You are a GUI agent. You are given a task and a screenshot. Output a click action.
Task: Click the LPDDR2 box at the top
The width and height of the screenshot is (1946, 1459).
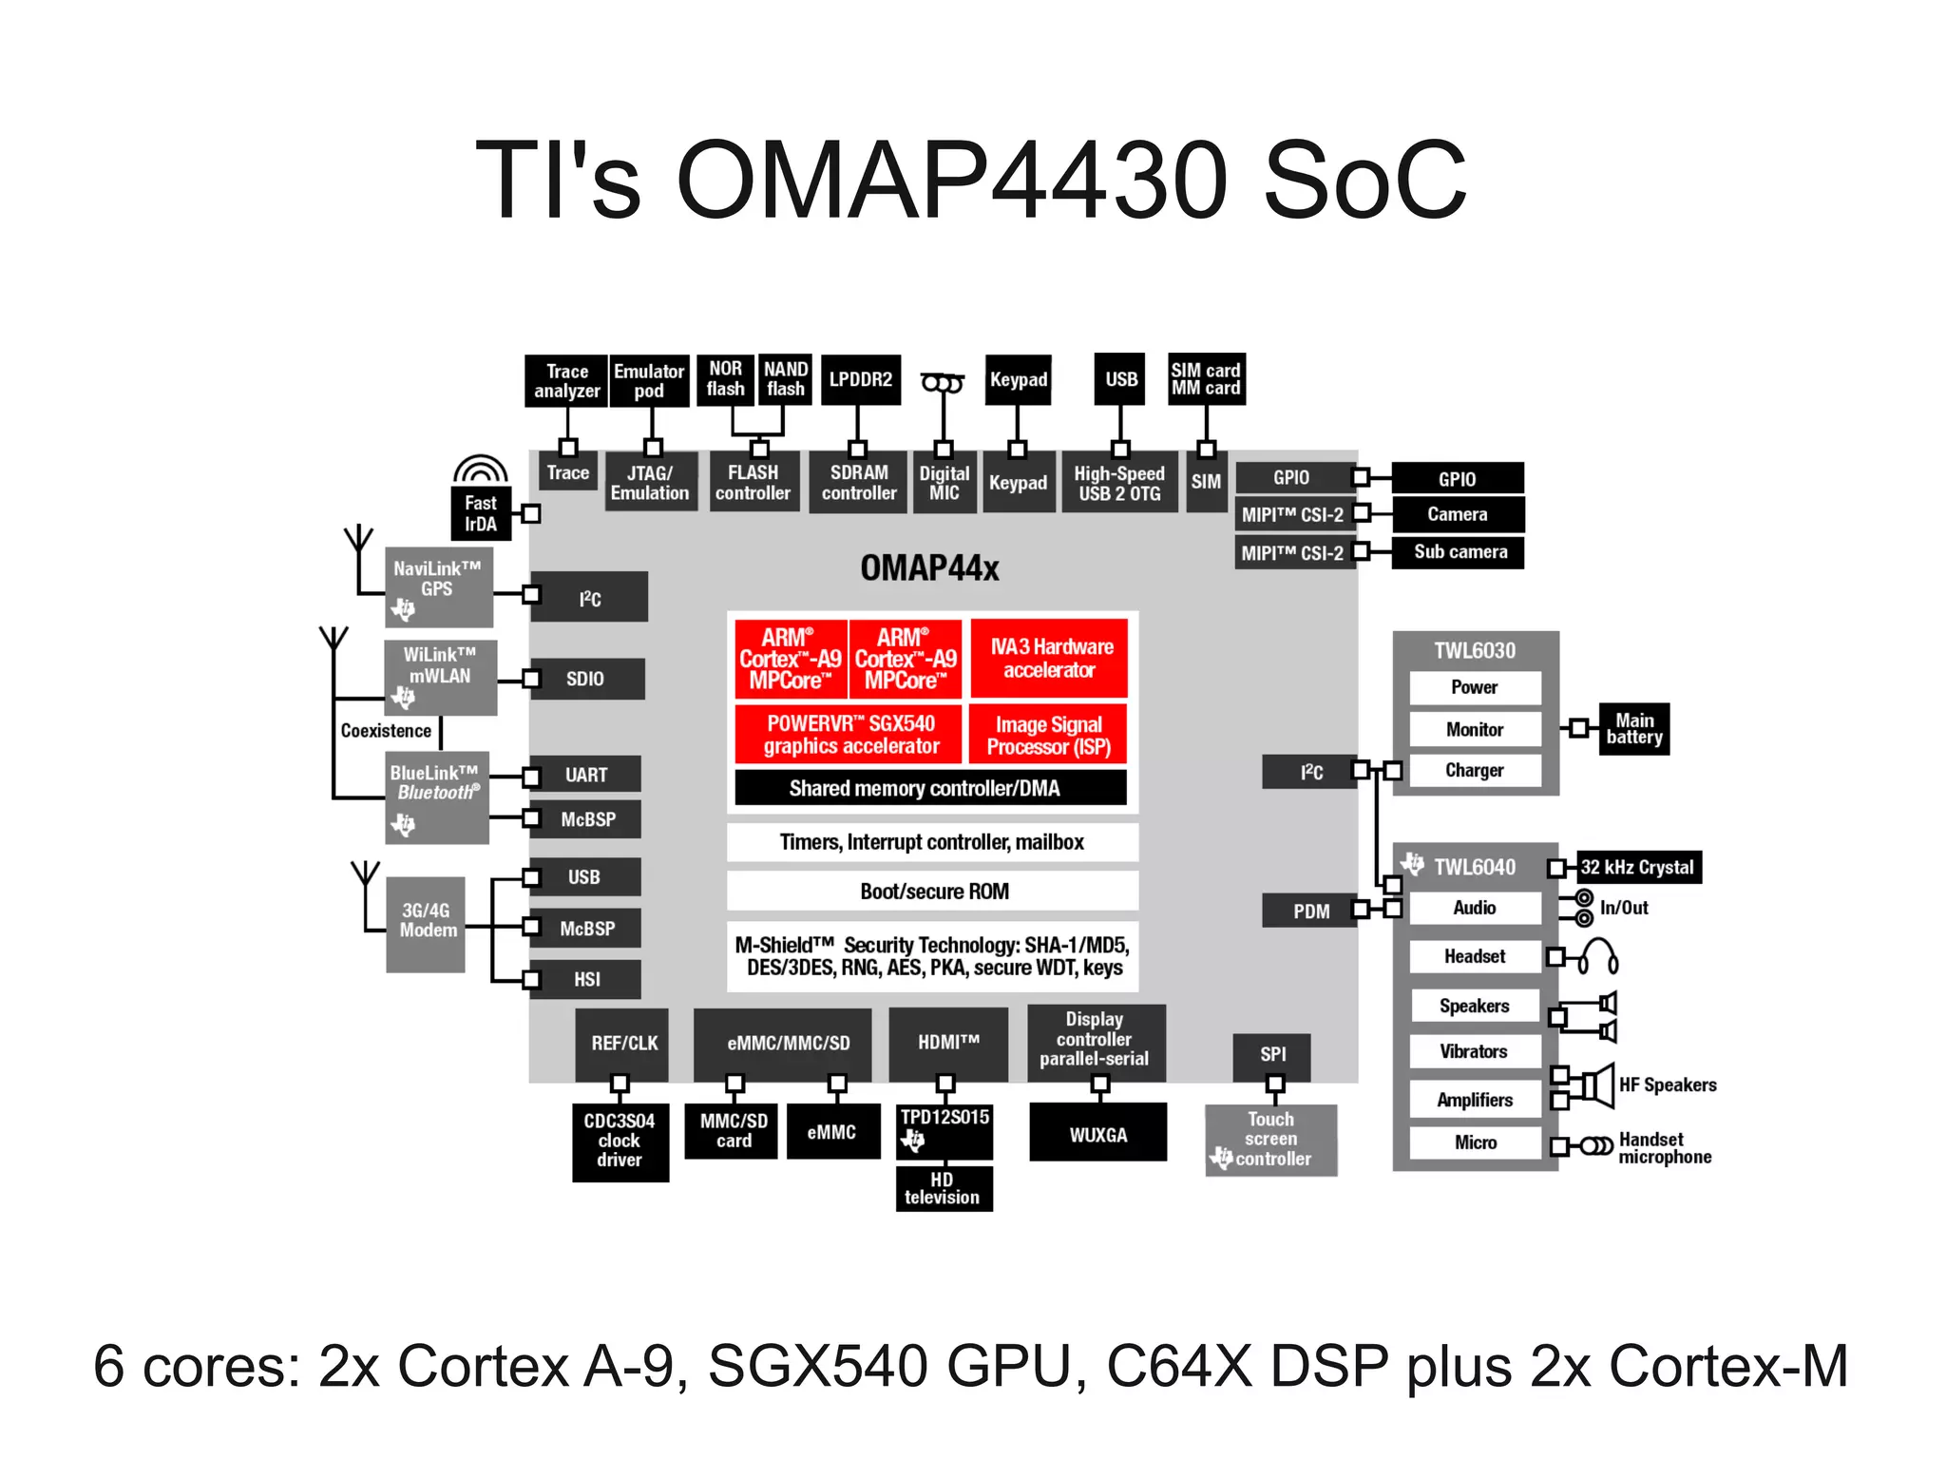[860, 379]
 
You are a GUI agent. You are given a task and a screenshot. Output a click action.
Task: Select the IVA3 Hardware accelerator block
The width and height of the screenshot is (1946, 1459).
[1049, 658]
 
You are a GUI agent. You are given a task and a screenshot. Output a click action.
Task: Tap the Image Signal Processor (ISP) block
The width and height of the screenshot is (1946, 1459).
[1048, 735]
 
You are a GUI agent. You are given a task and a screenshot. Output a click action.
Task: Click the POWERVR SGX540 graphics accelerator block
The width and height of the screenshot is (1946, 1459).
[849, 734]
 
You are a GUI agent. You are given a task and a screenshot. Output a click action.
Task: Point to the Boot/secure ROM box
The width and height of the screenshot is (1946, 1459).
[933, 891]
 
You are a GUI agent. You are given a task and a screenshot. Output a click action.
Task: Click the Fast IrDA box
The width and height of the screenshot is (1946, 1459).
[481, 513]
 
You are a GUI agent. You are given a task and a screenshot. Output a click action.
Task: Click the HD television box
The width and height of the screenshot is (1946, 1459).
[943, 1188]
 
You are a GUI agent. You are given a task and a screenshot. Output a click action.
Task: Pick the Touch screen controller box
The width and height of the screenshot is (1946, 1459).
[1270, 1139]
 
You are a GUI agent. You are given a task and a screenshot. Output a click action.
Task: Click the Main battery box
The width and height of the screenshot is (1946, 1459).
[1633, 729]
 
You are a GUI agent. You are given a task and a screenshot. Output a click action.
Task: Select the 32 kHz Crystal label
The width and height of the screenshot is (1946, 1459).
[1637, 867]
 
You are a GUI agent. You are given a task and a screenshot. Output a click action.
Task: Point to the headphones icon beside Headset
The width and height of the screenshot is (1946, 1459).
[1598, 957]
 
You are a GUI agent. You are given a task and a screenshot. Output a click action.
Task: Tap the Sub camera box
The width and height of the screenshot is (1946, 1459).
[1459, 552]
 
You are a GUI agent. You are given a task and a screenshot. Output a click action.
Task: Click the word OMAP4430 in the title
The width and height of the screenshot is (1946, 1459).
[954, 180]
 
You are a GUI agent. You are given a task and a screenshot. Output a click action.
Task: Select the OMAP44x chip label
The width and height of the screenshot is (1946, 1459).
[929, 568]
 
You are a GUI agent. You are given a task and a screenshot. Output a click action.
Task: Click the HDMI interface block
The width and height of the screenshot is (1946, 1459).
[947, 1043]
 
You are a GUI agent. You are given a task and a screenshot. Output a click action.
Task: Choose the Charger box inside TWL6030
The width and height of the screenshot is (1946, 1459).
[1474, 770]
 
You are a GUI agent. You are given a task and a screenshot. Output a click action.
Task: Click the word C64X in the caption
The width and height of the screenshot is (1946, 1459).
[1178, 1366]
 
